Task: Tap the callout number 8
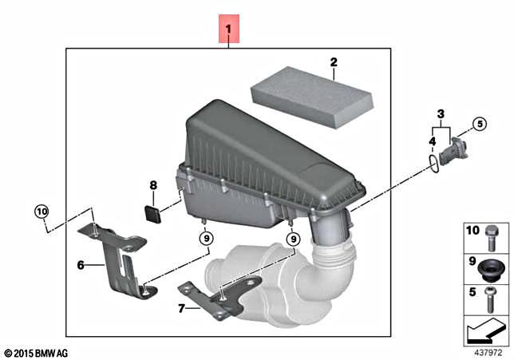point(152,186)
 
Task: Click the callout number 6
point(81,264)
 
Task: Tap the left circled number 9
point(205,237)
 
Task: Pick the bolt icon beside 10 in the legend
point(492,235)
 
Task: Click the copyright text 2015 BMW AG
point(38,352)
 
